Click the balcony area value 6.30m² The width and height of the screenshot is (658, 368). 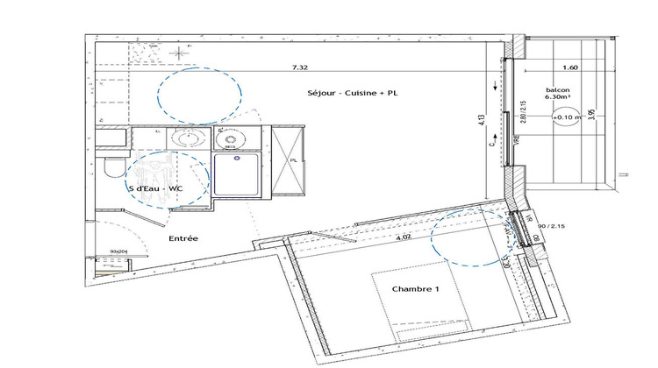557,98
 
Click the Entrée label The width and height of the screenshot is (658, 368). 182,238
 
